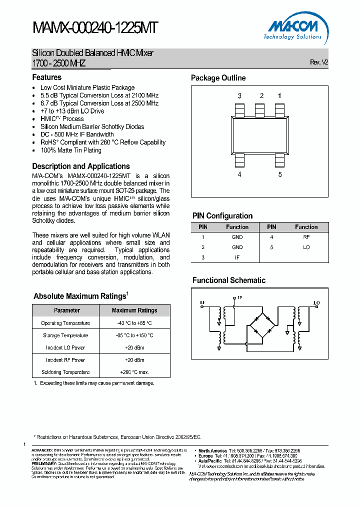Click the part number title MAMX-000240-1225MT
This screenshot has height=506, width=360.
95,28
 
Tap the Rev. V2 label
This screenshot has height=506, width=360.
319,62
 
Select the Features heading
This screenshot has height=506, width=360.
47,77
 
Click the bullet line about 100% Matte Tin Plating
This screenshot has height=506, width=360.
70,150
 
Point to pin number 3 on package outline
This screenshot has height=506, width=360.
239,95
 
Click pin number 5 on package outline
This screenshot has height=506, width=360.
280,174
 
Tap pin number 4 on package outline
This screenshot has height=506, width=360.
239,174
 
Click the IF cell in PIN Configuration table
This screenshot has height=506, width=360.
237,257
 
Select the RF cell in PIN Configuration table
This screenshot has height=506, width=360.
306,237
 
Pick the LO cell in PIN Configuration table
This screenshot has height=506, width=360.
306,247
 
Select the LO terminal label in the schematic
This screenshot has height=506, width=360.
316,302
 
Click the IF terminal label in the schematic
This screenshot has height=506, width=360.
239,298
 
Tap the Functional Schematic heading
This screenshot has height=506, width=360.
229,280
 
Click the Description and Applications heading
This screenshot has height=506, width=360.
81,166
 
